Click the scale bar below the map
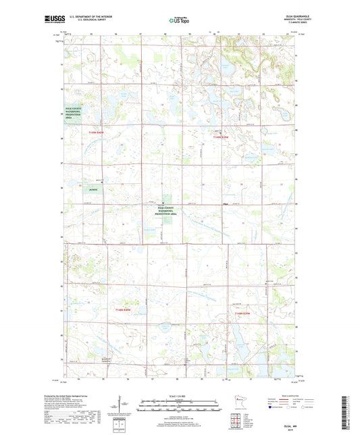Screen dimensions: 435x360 tap(180, 407)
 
